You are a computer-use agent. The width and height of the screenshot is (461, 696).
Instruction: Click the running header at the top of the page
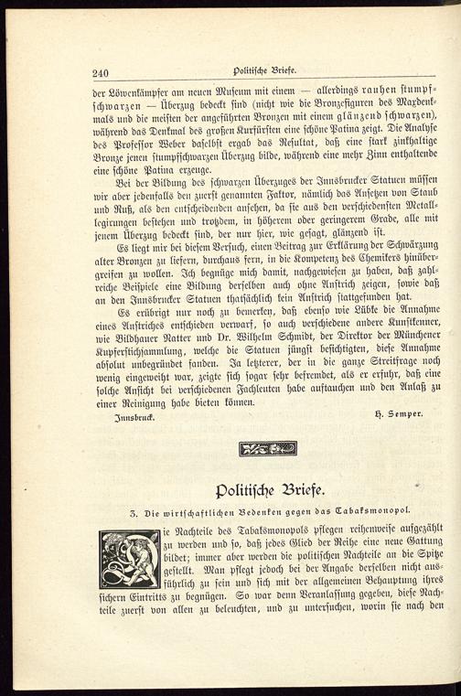pos(264,72)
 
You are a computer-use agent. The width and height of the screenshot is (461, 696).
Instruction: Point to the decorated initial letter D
pos(129,557)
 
